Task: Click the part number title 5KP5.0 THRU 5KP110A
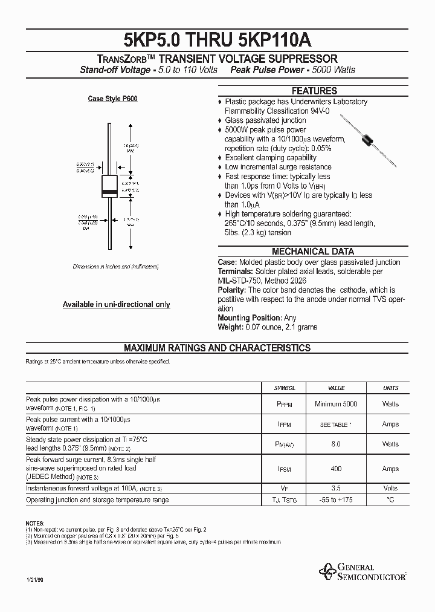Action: [x=217, y=38]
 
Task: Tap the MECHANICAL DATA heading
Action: [x=312, y=252]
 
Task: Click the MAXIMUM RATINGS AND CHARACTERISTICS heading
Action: [x=217, y=348]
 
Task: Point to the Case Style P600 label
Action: [x=112, y=98]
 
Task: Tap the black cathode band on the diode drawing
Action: [x=109, y=192]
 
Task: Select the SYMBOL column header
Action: [x=285, y=388]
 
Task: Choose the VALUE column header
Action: [x=336, y=388]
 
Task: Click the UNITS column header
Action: [x=390, y=388]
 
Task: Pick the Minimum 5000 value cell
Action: [x=336, y=404]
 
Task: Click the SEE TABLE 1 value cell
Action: [x=336, y=425]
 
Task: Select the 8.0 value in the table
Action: [x=336, y=444]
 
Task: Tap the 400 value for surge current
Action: [x=336, y=469]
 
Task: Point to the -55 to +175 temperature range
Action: [x=336, y=500]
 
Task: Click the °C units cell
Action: [x=390, y=500]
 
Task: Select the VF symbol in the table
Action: [x=285, y=489]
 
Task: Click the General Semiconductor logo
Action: [x=362, y=571]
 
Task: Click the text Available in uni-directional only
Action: [x=116, y=305]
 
